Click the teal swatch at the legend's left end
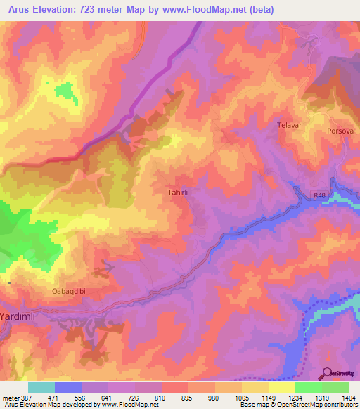coord(41,387)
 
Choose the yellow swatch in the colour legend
coord(281,387)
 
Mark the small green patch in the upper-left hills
coord(65,91)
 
